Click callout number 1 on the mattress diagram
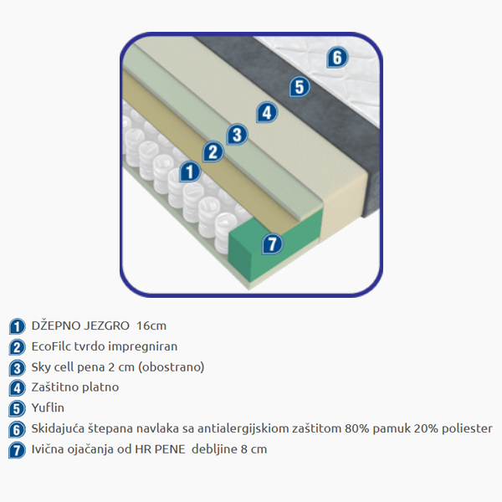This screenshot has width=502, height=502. tap(191, 172)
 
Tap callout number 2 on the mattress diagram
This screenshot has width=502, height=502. tap(213, 151)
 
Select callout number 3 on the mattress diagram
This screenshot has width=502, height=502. tap(238, 133)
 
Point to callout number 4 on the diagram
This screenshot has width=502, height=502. tap(266, 111)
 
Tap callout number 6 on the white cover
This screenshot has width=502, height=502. tap(336, 58)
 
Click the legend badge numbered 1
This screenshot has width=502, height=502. tap(17, 326)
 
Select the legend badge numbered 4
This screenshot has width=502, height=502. tap(17, 388)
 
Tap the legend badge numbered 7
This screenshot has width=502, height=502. tap(17, 450)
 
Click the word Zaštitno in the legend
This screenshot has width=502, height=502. tap(58, 387)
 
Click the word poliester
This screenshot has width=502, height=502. tap(461, 428)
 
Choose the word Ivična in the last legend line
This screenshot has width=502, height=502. tap(49, 449)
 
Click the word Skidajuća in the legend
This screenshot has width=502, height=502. tap(61, 428)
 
